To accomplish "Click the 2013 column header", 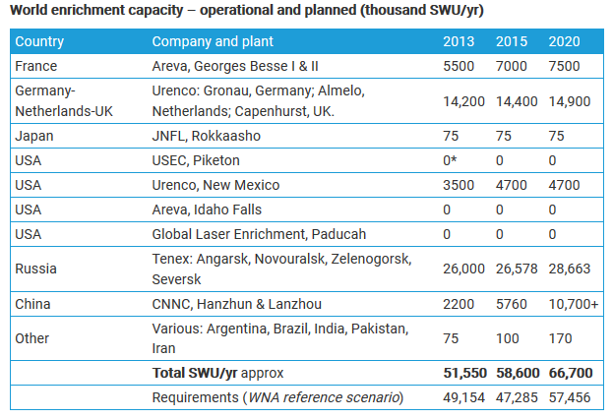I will tap(459, 41).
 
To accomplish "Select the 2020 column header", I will tap(564, 41).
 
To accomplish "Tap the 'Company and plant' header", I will tap(213, 41).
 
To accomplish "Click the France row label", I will tap(35, 65).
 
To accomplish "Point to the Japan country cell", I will tap(34, 137).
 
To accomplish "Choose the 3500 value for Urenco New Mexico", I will tap(459, 185).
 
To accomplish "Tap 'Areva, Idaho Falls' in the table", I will tap(207, 209).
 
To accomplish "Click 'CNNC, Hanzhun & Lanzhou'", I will tap(236, 304).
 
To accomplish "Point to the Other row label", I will tap(32, 338).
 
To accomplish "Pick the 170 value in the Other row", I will tap(559, 338).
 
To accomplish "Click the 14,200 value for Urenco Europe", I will tap(464, 100).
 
